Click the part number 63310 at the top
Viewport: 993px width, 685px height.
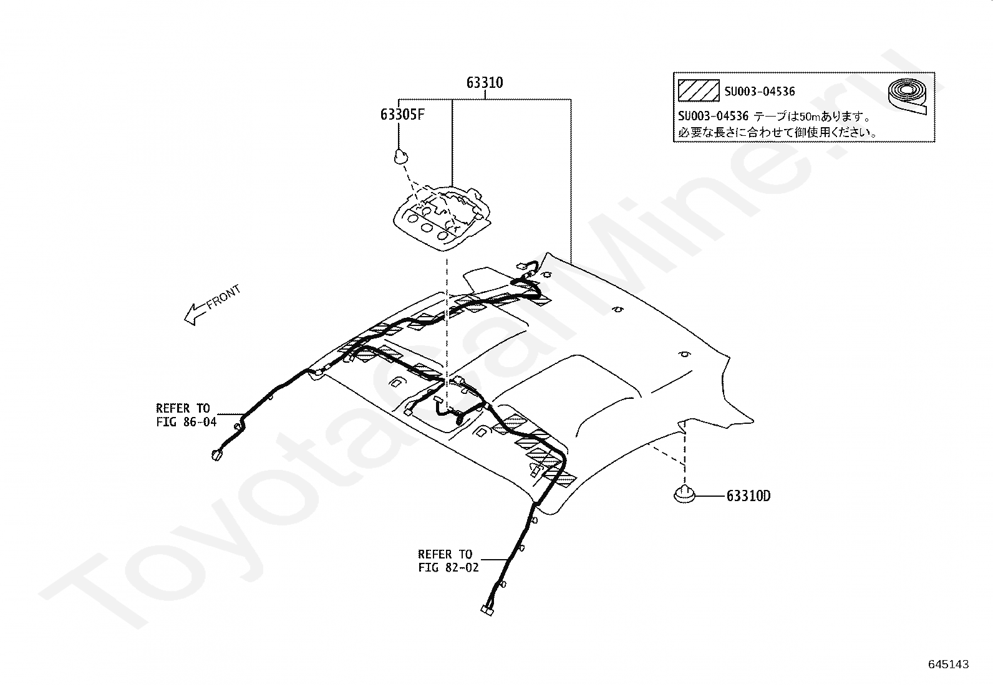click(x=485, y=83)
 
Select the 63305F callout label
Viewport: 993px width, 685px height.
click(x=402, y=115)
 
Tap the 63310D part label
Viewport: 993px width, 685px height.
click(x=748, y=496)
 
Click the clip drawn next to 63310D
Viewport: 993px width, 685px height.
click(x=684, y=495)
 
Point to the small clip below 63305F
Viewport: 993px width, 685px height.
click(x=400, y=156)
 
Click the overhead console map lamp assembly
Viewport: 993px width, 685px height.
click(x=440, y=218)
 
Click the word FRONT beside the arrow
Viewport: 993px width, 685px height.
click(x=223, y=297)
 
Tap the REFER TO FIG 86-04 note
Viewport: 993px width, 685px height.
click(x=185, y=415)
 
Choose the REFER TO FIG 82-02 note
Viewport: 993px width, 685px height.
click(x=445, y=560)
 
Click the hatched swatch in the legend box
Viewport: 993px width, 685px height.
click(x=699, y=91)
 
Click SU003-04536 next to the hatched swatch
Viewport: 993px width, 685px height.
click(x=760, y=92)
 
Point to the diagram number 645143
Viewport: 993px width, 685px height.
click(x=948, y=664)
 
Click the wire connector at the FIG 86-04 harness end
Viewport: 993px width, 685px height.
click(x=216, y=456)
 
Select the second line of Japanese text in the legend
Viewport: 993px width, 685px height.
click(x=778, y=132)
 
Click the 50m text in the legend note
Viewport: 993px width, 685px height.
click(x=806, y=117)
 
